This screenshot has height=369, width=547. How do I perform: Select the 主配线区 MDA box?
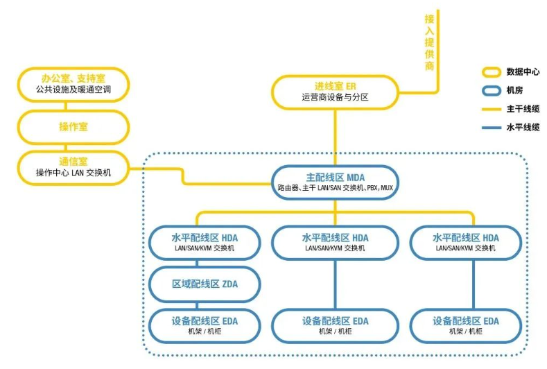point(335,182)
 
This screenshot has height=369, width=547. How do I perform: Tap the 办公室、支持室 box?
point(73,85)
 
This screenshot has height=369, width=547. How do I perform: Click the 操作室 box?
point(73,127)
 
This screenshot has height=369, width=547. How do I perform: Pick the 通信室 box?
point(73,167)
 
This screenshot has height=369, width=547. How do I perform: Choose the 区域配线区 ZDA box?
point(205,284)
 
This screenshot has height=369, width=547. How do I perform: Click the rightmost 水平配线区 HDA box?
point(465,241)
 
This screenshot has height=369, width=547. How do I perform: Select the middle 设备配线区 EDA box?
point(335,325)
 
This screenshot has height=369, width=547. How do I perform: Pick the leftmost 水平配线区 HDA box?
point(205,241)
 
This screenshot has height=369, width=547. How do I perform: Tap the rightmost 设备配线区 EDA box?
point(465,325)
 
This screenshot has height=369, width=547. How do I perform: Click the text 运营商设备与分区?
point(335,98)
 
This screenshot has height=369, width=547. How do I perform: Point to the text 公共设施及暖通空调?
point(73,90)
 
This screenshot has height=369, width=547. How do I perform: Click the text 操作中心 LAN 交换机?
point(73,173)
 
